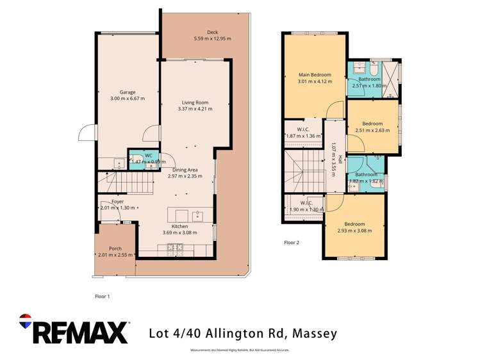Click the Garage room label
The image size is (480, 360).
127,92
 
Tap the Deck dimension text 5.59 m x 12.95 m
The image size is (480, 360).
212,39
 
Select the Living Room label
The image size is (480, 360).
195,102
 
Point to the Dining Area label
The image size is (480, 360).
185,169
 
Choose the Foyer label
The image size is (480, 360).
117,202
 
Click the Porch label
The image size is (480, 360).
115,249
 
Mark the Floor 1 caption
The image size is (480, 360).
103,297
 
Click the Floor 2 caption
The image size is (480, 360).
292,243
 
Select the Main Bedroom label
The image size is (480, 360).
314,75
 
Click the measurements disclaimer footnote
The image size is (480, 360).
240,350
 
